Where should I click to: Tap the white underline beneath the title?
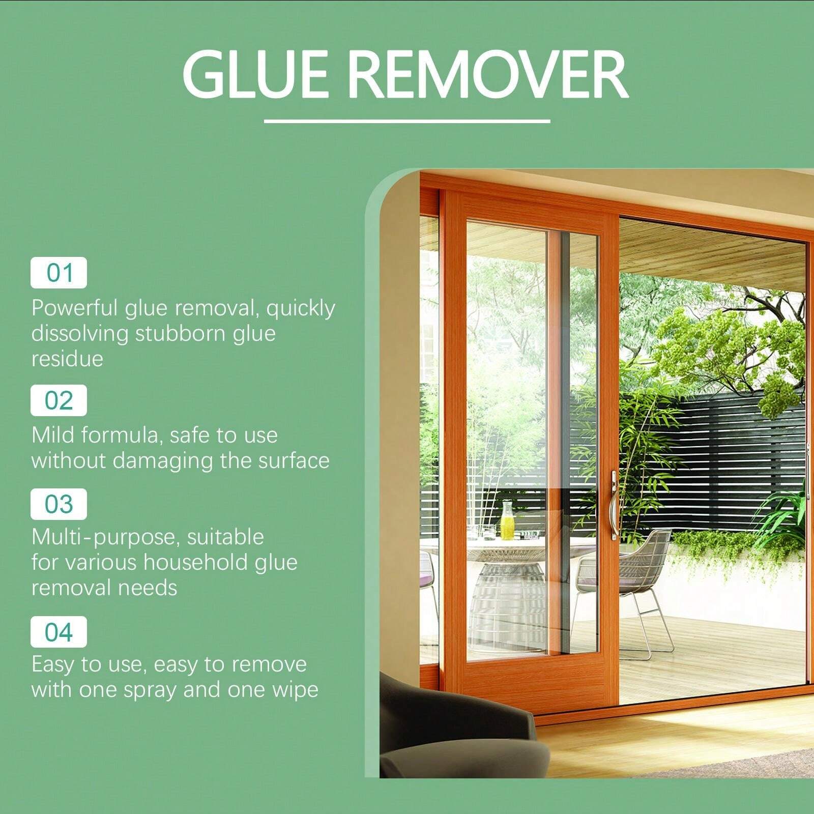[x=407, y=121]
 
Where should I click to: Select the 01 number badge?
[x=59, y=273]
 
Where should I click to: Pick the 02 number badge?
[x=59, y=400]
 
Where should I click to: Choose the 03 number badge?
[x=59, y=504]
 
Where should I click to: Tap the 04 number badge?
[x=59, y=632]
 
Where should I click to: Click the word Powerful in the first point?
[x=75, y=308]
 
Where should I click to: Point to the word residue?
[x=67, y=359]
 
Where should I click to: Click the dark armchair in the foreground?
[x=448, y=733]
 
